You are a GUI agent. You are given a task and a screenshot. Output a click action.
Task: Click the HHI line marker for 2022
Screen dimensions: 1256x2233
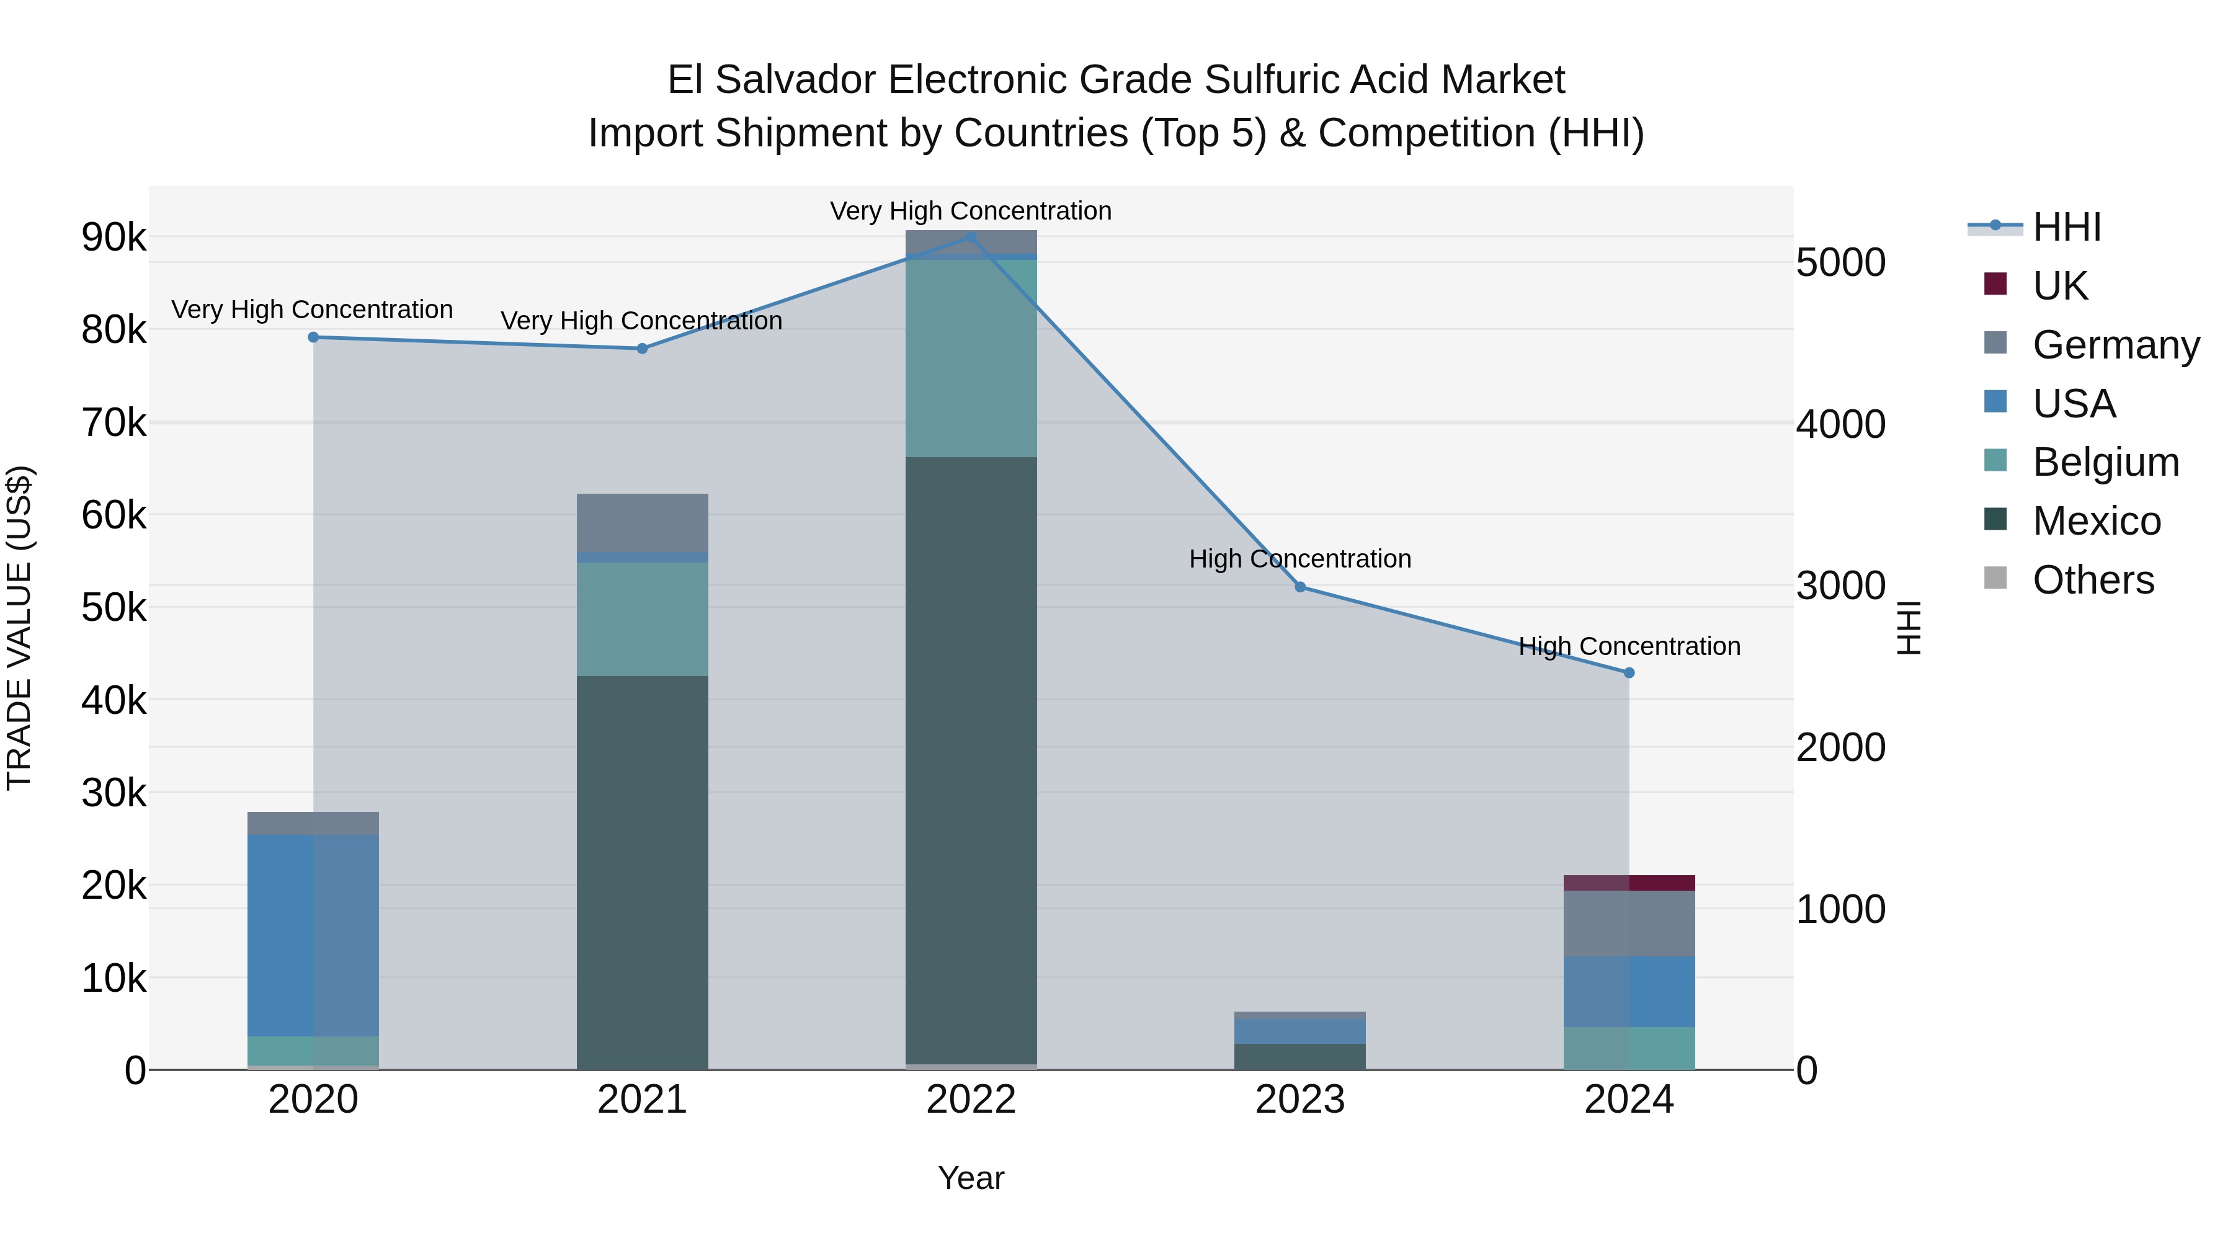tap(971, 237)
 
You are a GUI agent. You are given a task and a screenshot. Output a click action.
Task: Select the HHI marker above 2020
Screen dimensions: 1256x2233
tap(314, 337)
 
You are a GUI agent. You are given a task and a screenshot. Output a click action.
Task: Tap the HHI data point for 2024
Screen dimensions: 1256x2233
tap(1629, 672)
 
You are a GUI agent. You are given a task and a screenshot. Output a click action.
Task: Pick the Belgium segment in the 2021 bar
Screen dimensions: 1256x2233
tap(643, 619)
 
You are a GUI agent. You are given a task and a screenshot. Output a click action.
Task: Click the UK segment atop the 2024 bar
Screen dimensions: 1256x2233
tap(1629, 883)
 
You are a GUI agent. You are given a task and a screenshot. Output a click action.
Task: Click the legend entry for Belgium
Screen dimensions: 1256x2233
tap(2105, 462)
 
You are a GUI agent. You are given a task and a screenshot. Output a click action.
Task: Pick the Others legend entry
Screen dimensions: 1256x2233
tap(2093, 580)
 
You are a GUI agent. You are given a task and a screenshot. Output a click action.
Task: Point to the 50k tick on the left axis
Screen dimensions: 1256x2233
tap(114, 608)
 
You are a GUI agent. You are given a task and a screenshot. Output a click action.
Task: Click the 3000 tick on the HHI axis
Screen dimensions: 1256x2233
tap(1840, 586)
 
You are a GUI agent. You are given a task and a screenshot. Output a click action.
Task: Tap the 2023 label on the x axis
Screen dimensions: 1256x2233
tap(1299, 1100)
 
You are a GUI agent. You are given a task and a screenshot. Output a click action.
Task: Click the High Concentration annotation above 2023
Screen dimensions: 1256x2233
tap(1299, 559)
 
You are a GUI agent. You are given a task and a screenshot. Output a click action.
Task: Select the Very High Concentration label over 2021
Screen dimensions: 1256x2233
tap(641, 321)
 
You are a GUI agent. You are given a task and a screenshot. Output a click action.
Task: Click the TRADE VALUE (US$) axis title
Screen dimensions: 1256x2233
tap(19, 628)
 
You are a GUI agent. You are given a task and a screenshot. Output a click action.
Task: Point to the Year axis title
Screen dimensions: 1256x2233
tap(971, 1178)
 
